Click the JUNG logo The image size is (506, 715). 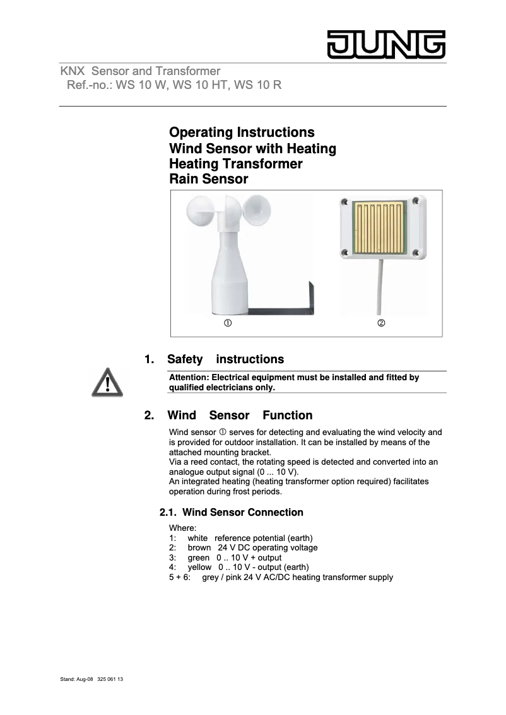385,44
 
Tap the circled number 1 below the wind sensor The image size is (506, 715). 226,323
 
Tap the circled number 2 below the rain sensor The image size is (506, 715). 381,323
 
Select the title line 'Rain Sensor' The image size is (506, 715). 208,179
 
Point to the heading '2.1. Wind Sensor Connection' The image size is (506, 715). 231,512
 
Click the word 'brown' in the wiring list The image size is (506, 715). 199,547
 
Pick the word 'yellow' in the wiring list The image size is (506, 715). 200,567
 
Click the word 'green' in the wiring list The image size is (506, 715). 199,557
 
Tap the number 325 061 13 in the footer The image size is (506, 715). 110,680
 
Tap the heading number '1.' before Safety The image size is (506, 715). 150,359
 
